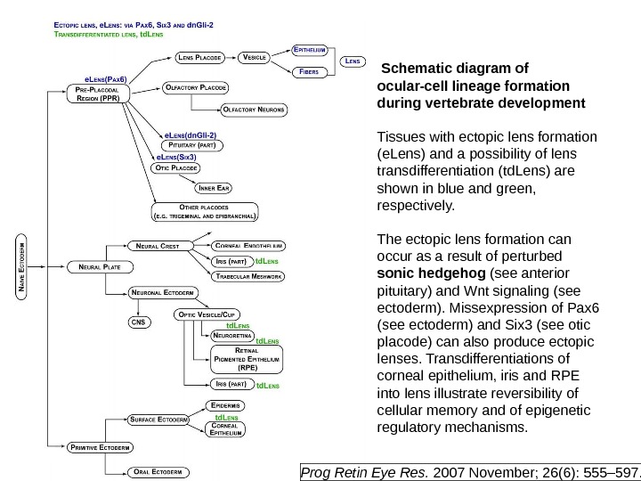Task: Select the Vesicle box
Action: coord(255,57)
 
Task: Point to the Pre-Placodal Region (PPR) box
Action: coord(97,94)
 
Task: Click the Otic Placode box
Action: coord(176,167)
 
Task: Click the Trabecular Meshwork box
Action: coord(248,277)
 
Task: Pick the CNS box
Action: coord(139,321)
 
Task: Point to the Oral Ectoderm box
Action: coord(157,470)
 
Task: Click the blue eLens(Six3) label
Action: coord(176,157)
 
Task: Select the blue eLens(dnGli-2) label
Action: coord(190,135)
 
